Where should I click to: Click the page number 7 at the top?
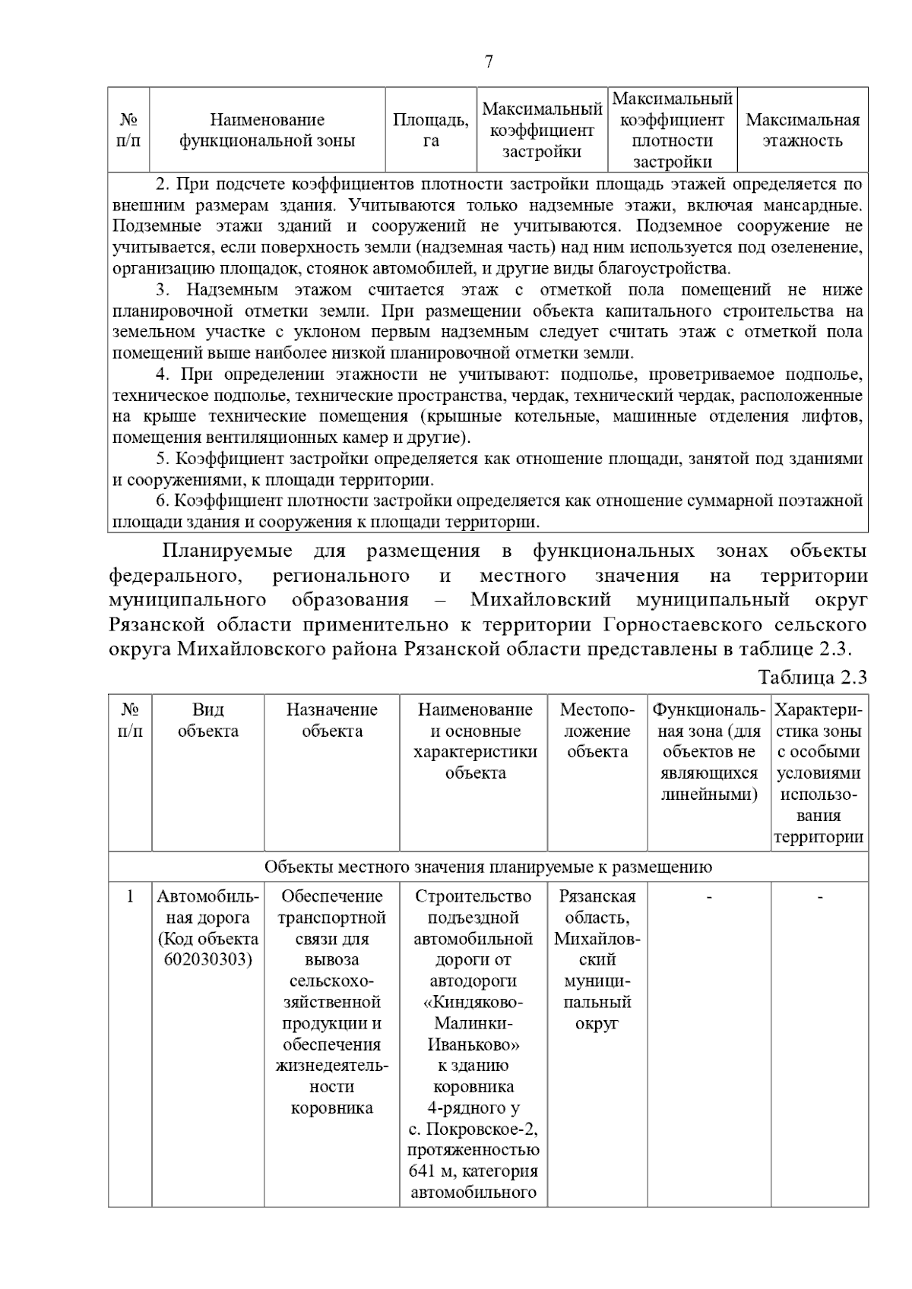coord(489,62)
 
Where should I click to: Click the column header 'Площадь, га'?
coord(431,130)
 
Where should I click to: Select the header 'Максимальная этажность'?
coord(803,130)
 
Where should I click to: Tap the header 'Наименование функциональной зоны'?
coord(267,130)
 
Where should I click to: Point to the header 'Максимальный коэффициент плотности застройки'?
coord(673,130)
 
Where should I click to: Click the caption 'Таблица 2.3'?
coord(812,678)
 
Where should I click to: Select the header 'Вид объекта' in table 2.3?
coord(207,720)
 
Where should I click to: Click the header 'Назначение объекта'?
coord(332,720)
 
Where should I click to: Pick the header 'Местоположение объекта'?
coord(597,731)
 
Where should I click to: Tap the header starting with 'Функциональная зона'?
coord(708,752)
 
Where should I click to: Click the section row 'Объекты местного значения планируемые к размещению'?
coord(488,867)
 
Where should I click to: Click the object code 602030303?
coord(207,959)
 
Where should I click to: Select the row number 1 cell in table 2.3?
coord(130,896)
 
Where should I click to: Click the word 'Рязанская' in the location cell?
coord(597,896)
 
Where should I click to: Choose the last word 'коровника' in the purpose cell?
coord(332,1107)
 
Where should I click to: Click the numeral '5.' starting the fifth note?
coord(162,459)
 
